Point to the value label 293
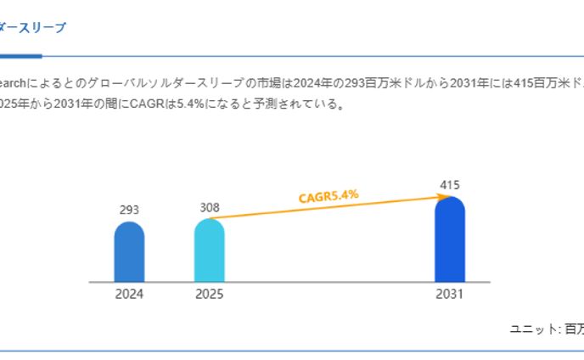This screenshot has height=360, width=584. click(x=129, y=210)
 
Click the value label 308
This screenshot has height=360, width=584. click(x=210, y=207)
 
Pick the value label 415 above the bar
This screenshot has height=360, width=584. click(x=450, y=184)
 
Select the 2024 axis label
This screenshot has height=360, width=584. click(x=129, y=295)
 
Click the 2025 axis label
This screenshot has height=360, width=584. click(x=210, y=295)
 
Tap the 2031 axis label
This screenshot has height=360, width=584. click(x=450, y=295)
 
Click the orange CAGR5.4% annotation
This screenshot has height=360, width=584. click(x=328, y=196)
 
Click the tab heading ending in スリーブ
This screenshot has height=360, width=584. click(x=32, y=27)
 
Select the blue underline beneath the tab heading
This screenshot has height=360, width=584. click(x=20, y=56)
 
